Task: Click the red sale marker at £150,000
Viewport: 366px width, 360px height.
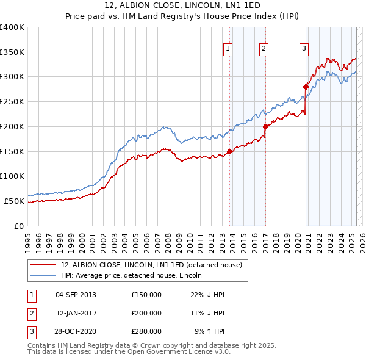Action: click(230, 151)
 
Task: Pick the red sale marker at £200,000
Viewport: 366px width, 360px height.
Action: click(266, 127)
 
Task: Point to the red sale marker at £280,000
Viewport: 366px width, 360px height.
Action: click(306, 87)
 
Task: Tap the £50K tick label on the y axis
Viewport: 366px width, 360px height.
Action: click(14, 201)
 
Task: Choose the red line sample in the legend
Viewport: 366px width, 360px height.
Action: click(44, 265)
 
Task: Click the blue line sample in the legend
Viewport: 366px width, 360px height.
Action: click(44, 275)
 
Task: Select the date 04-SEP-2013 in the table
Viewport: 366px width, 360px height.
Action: click(76, 295)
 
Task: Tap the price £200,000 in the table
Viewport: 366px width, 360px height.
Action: click(146, 313)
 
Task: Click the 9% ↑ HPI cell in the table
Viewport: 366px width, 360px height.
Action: click(209, 331)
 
